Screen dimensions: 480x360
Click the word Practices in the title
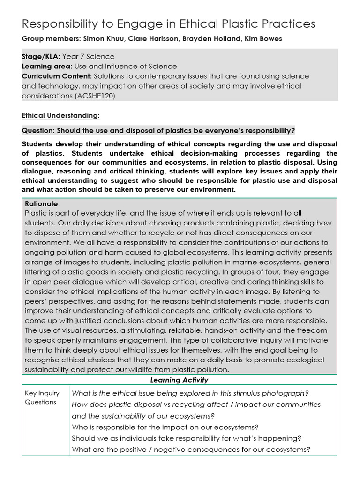(x=287, y=24)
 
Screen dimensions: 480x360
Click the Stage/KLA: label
(x=41, y=57)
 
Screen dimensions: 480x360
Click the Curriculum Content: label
(x=57, y=76)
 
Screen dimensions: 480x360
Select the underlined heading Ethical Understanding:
(x=60, y=115)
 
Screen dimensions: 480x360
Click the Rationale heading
(x=41, y=204)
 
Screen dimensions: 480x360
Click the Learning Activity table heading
(x=180, y=380)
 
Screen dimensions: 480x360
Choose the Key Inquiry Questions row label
(x=41, y=397)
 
